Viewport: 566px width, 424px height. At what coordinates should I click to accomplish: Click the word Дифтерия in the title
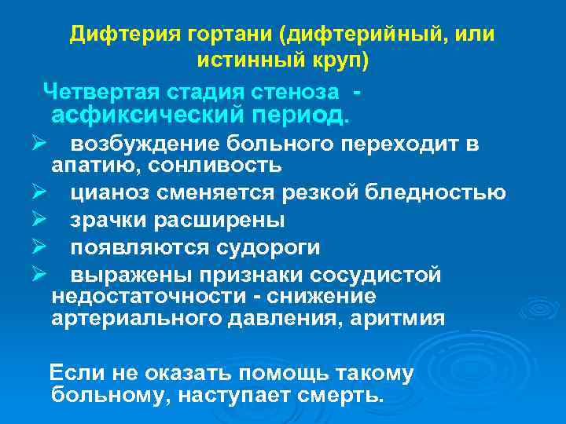pyautogui.click(x=116, y=35)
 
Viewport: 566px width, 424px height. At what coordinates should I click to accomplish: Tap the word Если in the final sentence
pyautogui.click(x=74, y=374)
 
